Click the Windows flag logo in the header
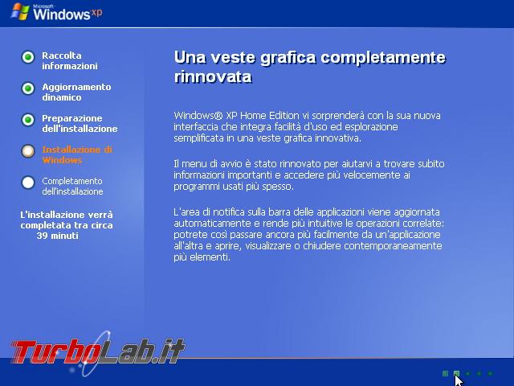[20, 12]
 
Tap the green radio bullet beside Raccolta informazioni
[28, 57]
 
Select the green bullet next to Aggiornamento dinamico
[28, 88]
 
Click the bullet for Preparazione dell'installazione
[28, 120]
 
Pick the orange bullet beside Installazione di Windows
[28, 151]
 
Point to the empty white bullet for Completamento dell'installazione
[28, 183]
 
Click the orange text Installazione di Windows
[77, 155]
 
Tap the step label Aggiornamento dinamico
[76, 92]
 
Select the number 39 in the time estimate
[43, 236]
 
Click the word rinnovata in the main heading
[213, 77]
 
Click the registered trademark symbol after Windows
[218, 116]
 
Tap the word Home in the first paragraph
[253, 116]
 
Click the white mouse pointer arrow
[459, 380]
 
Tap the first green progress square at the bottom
[445, 373]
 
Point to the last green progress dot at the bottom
[490, 373]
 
